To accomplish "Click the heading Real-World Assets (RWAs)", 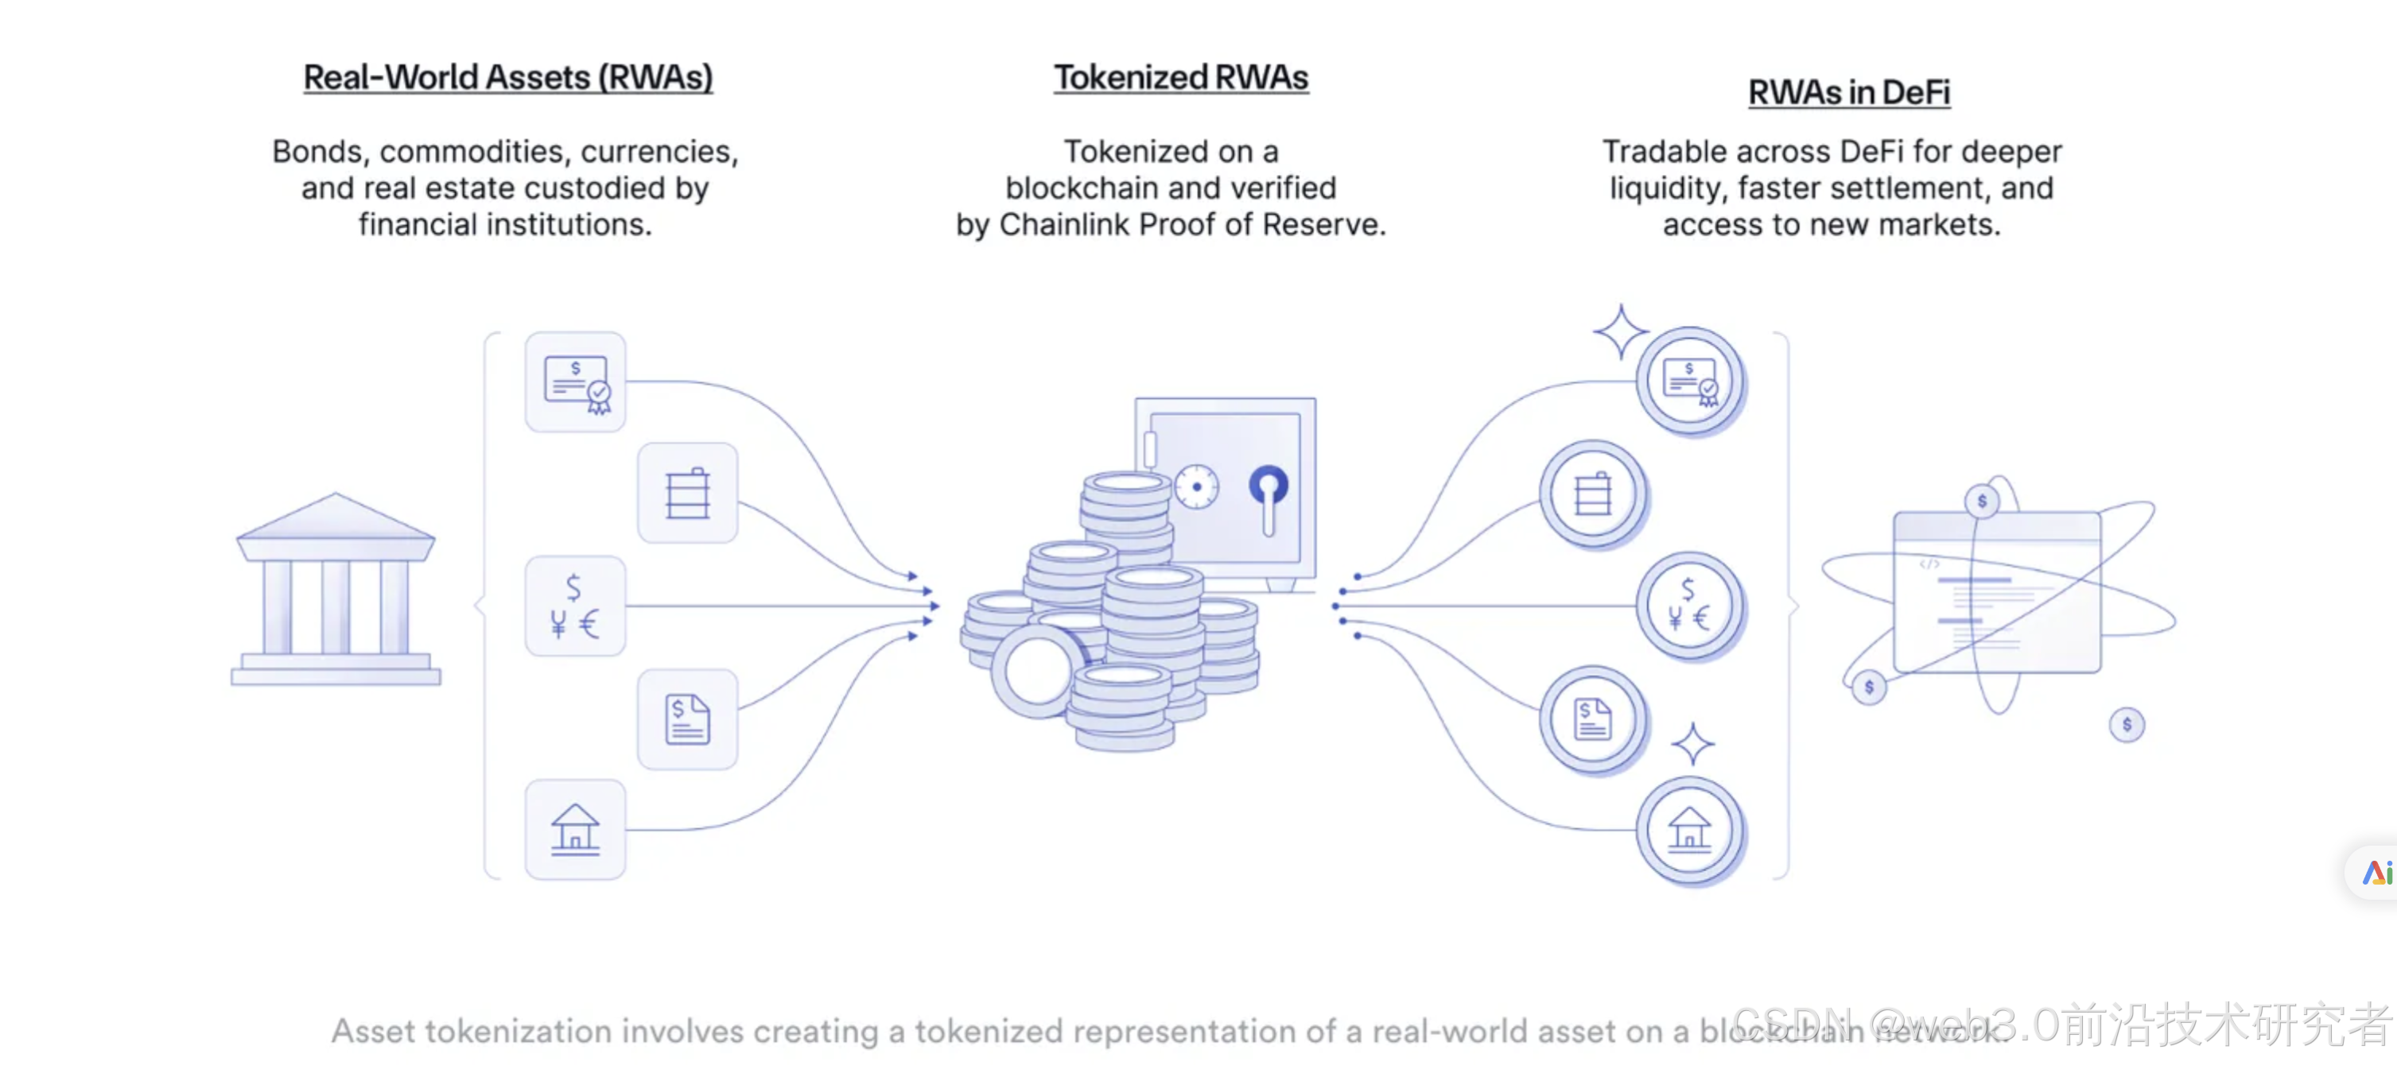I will coord(508,77).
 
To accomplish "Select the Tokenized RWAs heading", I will coord(1181,77).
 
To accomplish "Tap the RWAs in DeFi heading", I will coord(1849,92).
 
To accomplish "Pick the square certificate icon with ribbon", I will coord(575,381).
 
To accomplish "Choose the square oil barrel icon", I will coord(688,493).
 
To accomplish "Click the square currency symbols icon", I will coord(575,606).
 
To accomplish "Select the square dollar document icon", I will coord(688,719).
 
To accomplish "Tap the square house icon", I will coord(575,829).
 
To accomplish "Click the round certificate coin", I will coord(1689,381).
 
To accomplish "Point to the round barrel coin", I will coord(1592,493).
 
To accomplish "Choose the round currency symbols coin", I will coord(1689,606).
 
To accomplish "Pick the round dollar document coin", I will coord(1592,719).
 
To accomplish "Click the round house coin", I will coord(1689,829).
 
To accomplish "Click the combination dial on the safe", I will coord(1197,486).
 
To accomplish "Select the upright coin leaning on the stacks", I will coord(1036,670).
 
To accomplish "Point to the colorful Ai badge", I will coord(2376,872).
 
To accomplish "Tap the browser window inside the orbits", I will coord(1997,591).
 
